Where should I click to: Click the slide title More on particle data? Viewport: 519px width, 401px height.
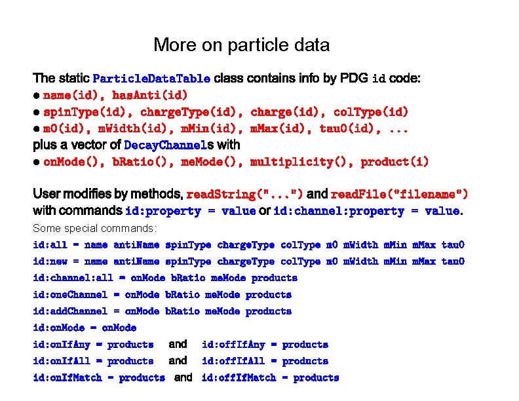(x=241, y=45)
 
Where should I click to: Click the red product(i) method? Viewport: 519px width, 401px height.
(x=394, y=161)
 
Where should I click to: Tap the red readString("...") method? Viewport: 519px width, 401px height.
(x=244, y=195)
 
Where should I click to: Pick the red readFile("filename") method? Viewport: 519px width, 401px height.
(x=400, y=195)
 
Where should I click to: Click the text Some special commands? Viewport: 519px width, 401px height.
(x=95, y=228)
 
